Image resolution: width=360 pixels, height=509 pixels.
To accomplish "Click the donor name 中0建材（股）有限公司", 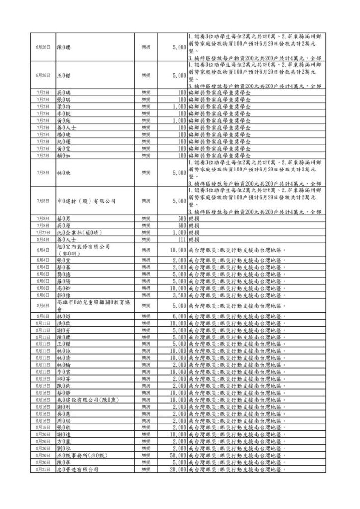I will (86, 201).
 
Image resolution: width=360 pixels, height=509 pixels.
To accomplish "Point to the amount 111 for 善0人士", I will (181, 239).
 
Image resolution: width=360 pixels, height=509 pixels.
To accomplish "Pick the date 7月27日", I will (43, 232).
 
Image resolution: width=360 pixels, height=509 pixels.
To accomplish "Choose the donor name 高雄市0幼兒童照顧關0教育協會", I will (90, 305).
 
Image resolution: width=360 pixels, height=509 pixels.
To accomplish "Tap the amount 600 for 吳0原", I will (181, 225).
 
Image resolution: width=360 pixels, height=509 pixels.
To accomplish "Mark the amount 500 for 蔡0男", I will (181, 218).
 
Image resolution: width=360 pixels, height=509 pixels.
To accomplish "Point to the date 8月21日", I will (43, 469).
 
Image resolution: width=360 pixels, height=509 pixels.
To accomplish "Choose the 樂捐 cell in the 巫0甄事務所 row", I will (146, 455).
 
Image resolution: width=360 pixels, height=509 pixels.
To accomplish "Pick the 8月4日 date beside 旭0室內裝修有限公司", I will (43, 249).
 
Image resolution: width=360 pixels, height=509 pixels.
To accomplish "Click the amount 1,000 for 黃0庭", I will (179, 120).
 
